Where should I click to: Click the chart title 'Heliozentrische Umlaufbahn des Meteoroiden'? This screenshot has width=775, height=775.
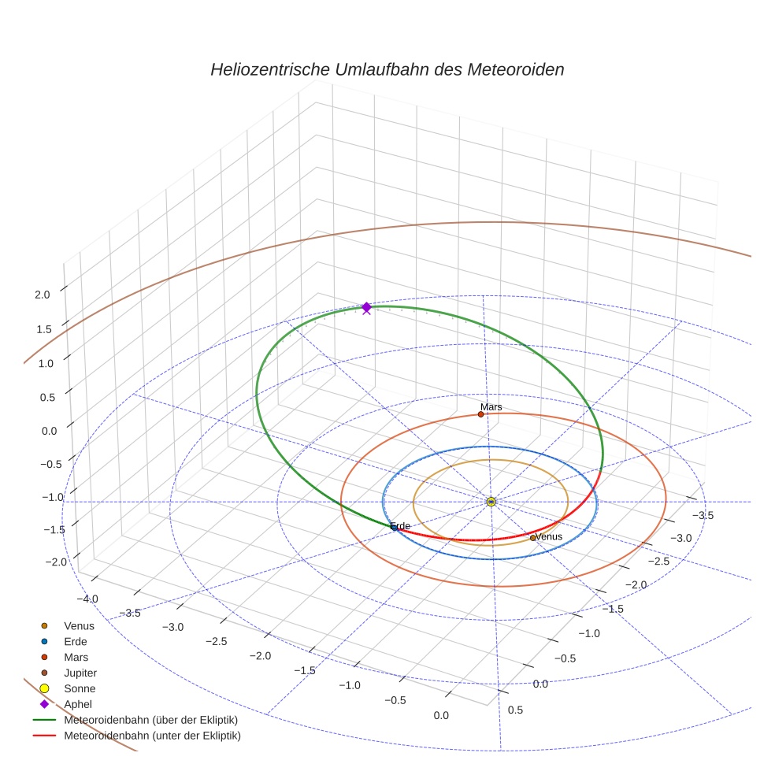tap(387, 69)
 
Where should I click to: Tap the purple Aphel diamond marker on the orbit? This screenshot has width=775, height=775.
tap(366, 306)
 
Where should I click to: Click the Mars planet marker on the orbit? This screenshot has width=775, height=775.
tap(480, 414)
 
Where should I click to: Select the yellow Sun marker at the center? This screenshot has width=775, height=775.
tap(491, 502)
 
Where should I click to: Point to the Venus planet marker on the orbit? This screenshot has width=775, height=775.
tap(532, 538)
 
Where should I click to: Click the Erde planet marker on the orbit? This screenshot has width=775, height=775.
tap(395, 527)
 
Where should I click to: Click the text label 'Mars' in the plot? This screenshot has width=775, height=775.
tap(491, 406)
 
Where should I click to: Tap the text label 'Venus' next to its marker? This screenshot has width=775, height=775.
tap(549, 536)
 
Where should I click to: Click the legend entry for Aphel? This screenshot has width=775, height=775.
tap(78, 704)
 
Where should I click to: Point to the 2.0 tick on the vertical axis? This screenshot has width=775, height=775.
tap(43, 295)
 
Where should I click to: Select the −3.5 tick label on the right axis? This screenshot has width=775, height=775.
tap(702, 515)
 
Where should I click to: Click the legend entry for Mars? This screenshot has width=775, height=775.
tap(76, 657)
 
